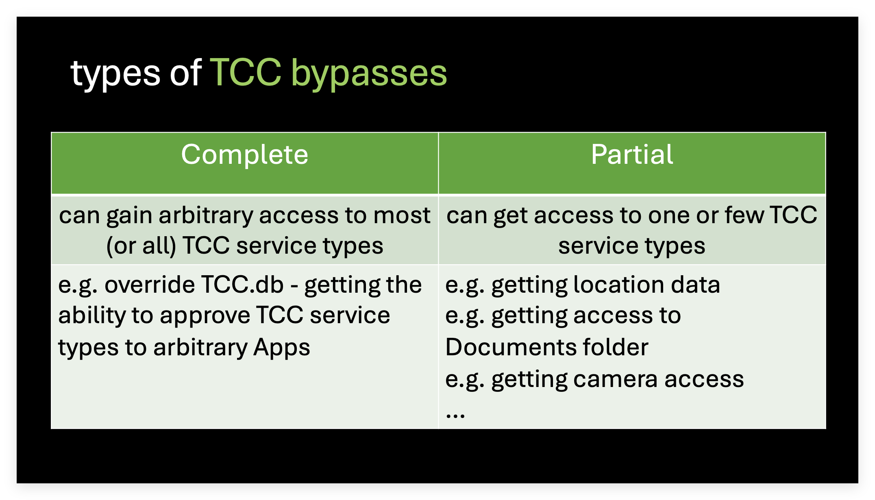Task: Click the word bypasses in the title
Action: (369, 73)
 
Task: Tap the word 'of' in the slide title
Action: (185, 72)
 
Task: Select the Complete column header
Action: (244, 154)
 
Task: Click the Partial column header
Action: (632, 154)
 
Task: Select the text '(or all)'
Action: (141, 246)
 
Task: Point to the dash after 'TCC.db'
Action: (294, 287)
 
